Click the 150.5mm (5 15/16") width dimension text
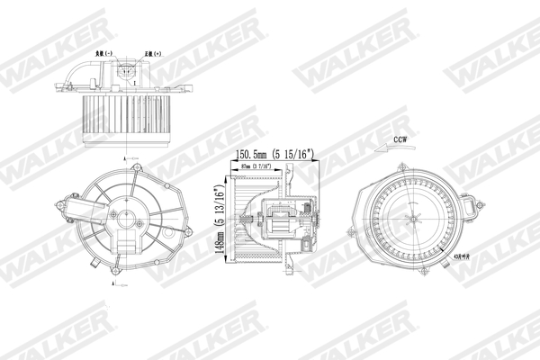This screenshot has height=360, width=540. coord(274,153)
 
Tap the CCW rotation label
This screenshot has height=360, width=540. coord(400,140)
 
